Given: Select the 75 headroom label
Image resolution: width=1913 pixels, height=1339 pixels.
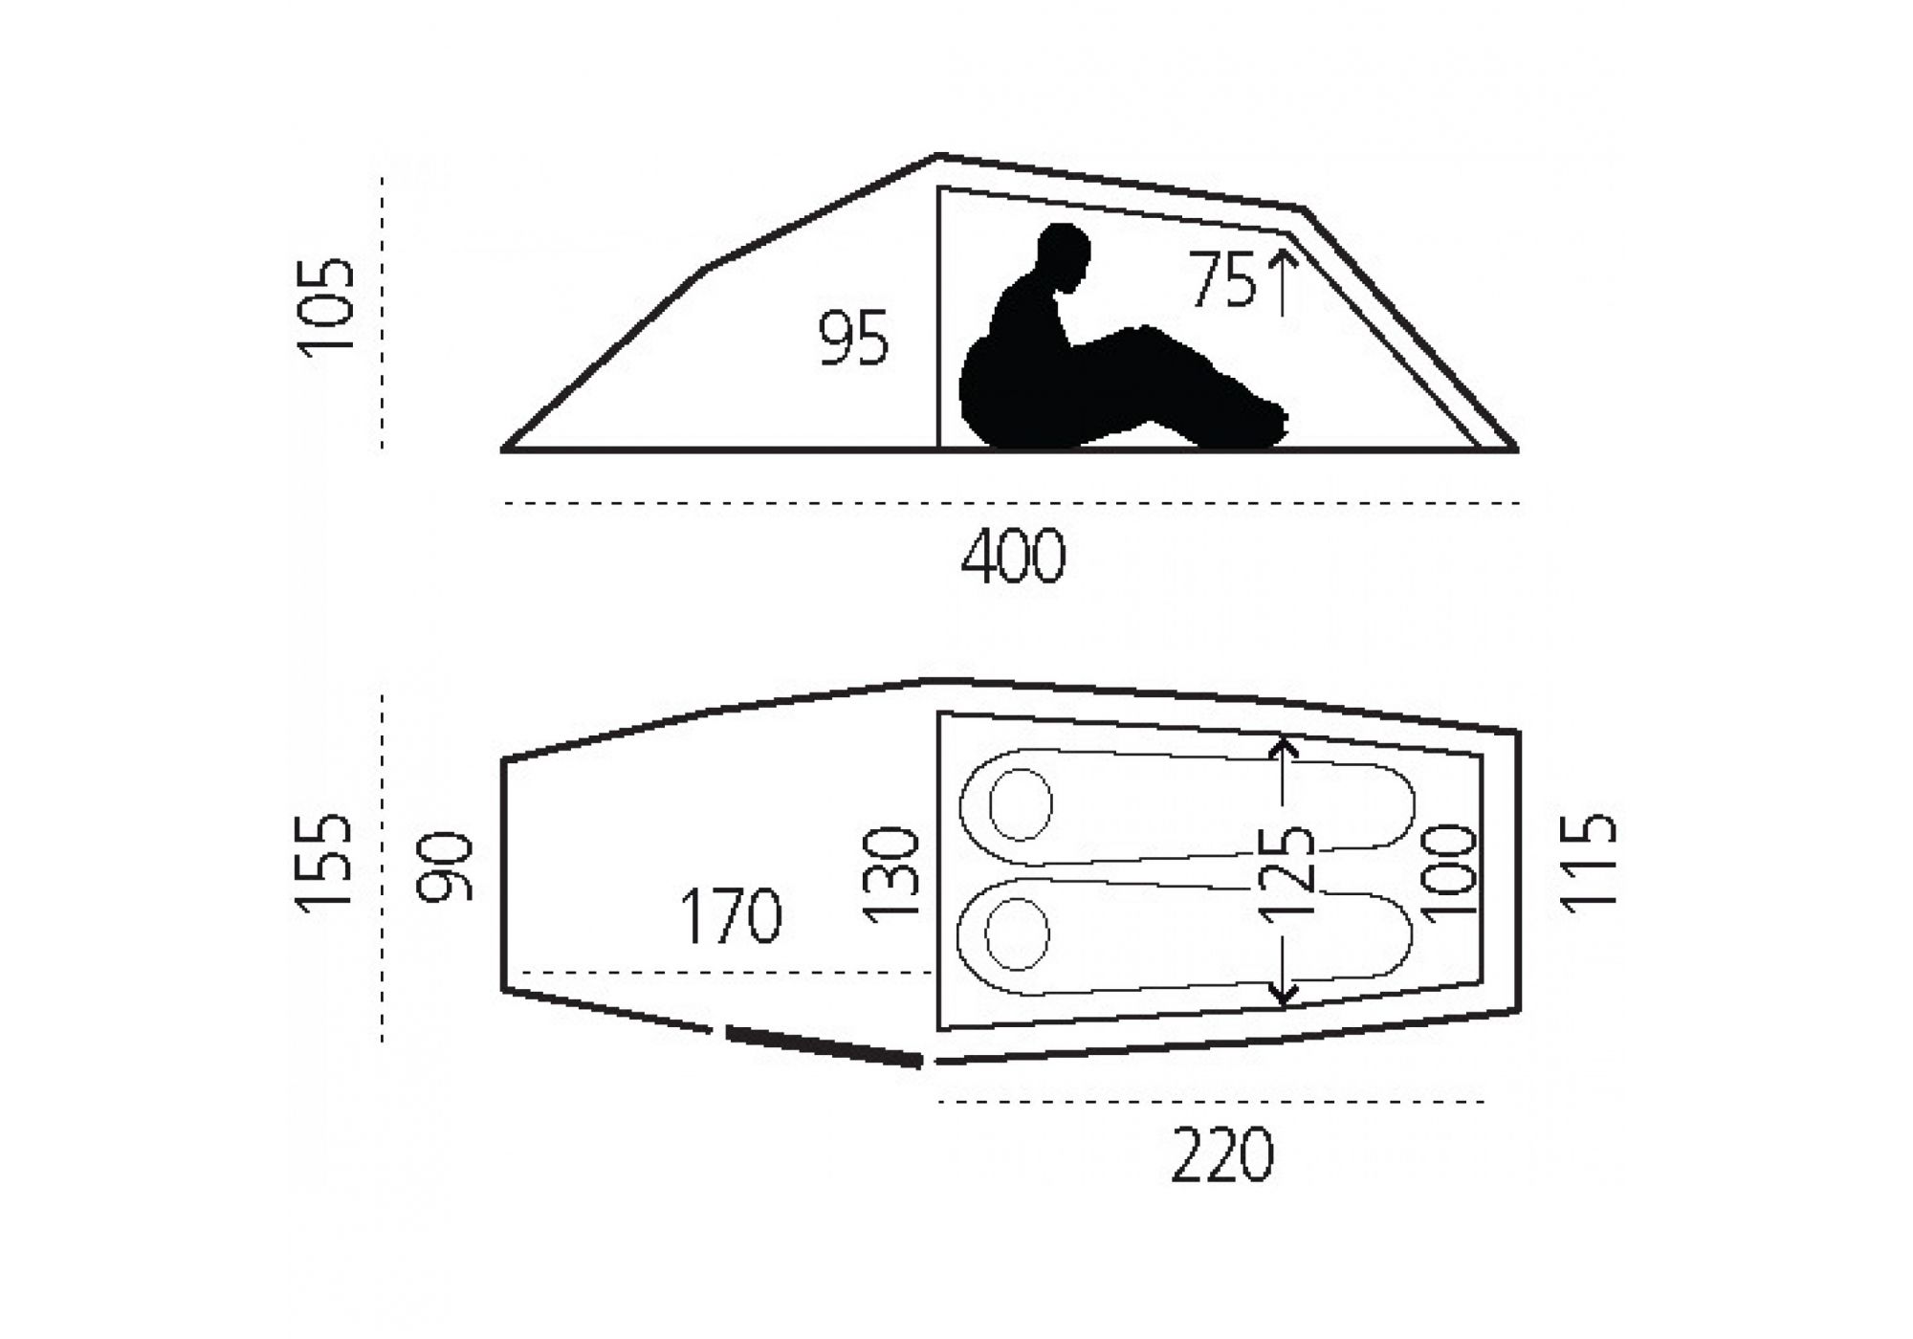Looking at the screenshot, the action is [x=1222, y=279].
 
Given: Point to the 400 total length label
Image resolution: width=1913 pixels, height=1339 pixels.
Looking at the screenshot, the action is [x=1013, y=557].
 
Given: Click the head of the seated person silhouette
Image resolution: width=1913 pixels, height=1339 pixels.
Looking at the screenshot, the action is [x=1064, y=256].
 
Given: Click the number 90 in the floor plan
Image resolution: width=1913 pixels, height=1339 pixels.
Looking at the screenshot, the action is [x=446, y=867].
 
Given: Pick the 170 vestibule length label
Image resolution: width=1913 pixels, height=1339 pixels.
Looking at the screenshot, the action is [x=731, y=915].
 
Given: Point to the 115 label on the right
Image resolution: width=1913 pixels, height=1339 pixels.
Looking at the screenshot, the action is [x=1588, y=863].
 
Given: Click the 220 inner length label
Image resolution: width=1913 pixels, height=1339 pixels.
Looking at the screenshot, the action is [x=1222, y=1155].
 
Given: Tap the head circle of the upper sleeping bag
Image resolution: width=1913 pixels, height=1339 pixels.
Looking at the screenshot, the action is [x=1021, y=804].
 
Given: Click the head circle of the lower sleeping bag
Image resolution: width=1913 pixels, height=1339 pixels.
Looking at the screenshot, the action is [x=1018, y=933].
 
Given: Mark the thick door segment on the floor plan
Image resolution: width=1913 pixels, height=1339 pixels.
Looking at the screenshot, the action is [x=824, y=1045].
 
